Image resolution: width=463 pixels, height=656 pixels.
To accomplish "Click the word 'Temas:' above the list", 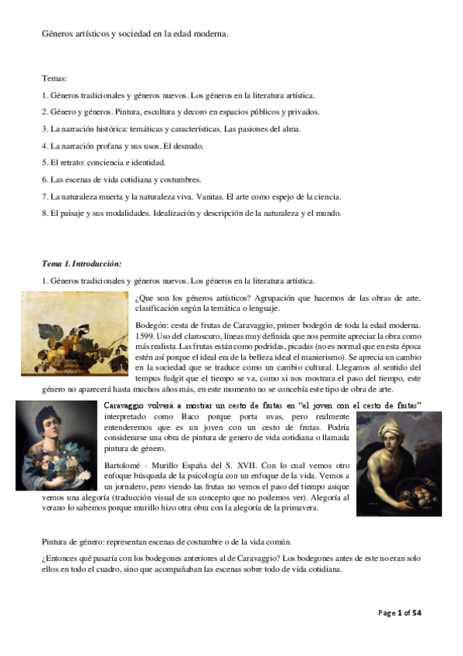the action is click(55, 79).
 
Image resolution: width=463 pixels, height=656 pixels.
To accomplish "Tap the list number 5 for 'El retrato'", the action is click(45, 163).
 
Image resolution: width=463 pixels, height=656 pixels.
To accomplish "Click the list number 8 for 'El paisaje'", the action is click(45, 213).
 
